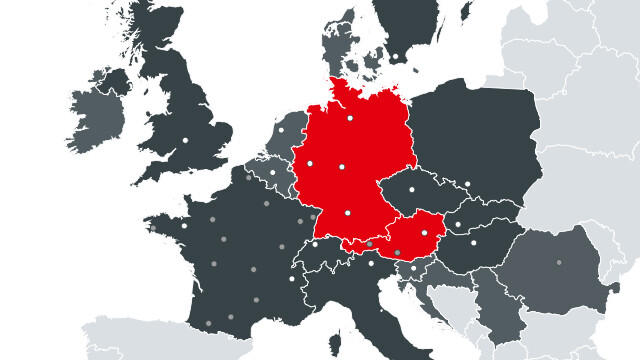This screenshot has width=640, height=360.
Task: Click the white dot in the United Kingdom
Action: coord(185,140)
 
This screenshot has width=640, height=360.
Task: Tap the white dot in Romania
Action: coord(560,262)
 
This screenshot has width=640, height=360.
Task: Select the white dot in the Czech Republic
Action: coord(412,189)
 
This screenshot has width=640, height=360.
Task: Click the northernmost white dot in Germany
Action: coord(351,119)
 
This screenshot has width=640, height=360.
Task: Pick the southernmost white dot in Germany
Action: coord(348,213)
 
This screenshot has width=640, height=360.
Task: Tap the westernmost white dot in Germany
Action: coord(310,162)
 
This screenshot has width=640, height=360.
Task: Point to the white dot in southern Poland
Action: coord(466,184)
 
